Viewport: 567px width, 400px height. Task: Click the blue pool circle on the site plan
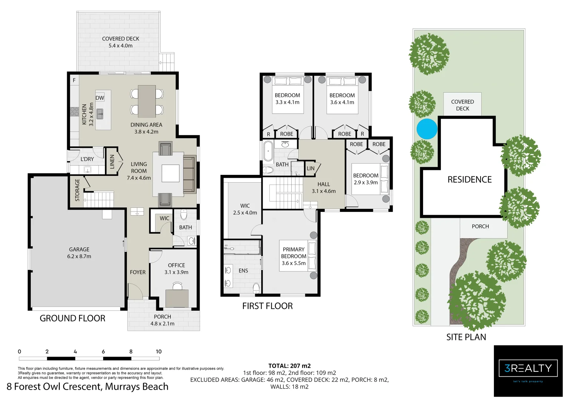tap(427, 129)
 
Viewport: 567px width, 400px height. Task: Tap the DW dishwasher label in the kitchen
tap(100, 98)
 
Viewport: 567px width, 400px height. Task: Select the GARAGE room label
tap(79, 250)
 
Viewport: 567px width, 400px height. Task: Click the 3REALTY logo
tap(528, 369)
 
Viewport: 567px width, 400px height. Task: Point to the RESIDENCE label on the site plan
tap(469, 180)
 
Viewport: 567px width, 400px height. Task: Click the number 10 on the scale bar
tap(158, 351)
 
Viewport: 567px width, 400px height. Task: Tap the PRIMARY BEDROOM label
tap(294, 253)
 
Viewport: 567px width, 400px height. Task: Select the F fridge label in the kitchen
tap(74, 80)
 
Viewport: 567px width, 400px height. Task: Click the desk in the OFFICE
tap(177, 298)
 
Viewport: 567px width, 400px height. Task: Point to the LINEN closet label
tap(112, 162)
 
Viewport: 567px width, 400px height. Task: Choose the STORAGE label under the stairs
tap(77, 190)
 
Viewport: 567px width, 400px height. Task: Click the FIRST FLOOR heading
tap(267, 306)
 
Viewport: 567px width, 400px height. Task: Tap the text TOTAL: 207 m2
tap(289, 366)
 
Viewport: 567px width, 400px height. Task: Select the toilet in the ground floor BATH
tap(184, 215)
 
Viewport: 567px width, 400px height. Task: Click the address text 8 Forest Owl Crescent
tap(87, 387)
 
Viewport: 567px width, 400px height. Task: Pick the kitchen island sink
tap(100, 113)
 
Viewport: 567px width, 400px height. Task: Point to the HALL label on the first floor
tap(324, 184)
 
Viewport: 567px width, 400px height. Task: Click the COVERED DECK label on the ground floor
tap(121, 39)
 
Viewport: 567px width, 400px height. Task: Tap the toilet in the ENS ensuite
tap(256, 287)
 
